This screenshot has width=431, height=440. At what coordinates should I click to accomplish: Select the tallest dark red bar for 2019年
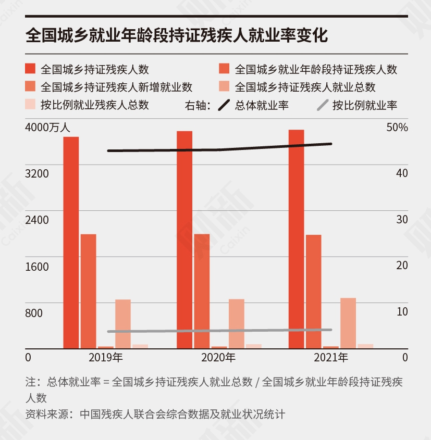point(71,242)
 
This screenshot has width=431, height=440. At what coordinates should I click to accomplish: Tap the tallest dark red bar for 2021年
point(296,238)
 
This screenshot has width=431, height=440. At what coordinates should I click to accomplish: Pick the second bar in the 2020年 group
point(202,291)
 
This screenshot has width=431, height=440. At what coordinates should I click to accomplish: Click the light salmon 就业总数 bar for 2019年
point(123,323)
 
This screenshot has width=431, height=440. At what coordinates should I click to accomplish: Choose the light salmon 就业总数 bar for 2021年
point(348,323)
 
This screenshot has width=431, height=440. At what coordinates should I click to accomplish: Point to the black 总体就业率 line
point(219,149)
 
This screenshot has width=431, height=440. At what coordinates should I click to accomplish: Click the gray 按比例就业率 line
point(219,331)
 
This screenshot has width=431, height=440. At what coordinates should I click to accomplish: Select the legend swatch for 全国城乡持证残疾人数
point(30,69)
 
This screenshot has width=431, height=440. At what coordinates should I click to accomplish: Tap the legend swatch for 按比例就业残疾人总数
point(30,105)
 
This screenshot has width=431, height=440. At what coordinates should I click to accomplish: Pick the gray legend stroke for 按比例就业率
point(323,105)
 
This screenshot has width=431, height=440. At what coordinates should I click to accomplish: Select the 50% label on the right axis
point(397,127)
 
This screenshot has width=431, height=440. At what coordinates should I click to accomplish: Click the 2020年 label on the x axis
point(218,358)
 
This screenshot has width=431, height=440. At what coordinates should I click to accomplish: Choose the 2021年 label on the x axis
point(331,358)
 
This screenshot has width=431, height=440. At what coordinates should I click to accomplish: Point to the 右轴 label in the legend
point(198,105)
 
